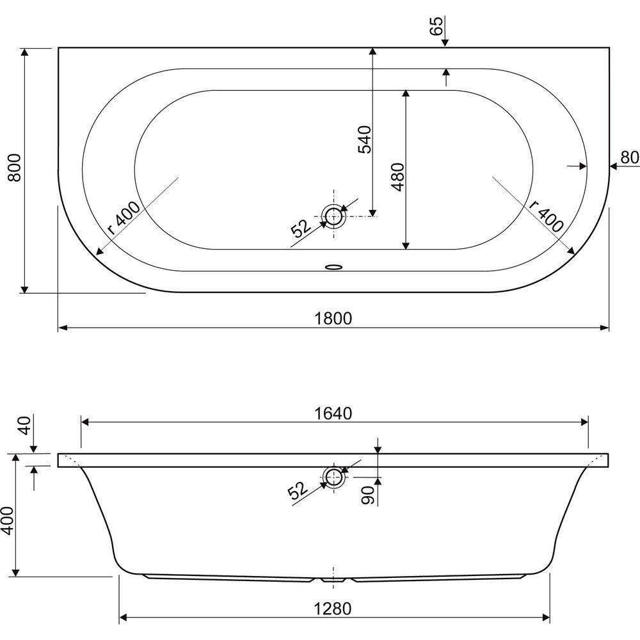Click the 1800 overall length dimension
pos(333,318)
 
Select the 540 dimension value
pos(365,140)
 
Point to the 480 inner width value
pos(397,177)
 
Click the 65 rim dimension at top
pos(436,26)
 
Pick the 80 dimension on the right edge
pos(630,157)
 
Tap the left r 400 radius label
pos(124,218)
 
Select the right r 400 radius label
pos(547,216)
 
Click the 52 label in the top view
pos(301,228)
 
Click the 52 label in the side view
pos(298,490)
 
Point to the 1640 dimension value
pos(333,413)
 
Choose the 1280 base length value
pos(333,609)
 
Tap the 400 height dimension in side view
pos(7,521)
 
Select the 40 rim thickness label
pos(24,426)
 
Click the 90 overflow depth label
pos(368,495)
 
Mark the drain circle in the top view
pos(334,216)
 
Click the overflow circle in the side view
pos(334,477)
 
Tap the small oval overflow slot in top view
pos(334,268)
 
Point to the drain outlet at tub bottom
pos(334,580)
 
